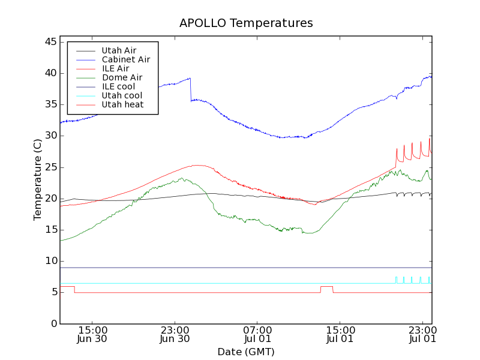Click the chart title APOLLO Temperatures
(x=246, y=23)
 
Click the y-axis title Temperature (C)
(x=37, y=180)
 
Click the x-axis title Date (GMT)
(x=246, y=352)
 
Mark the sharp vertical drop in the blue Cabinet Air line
(x=191, y=89)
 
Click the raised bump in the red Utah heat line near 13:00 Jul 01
(x=326, y=287)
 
